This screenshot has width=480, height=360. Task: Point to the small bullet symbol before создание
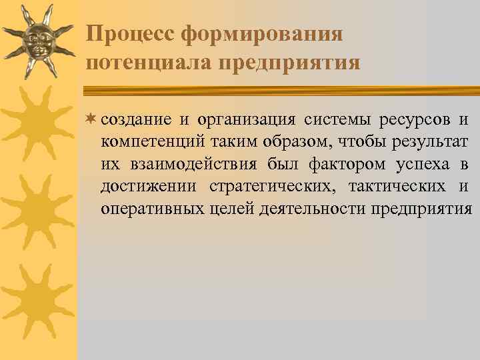point(92,119)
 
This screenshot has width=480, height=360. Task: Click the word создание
point(136,120)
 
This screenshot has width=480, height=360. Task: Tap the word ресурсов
point(414,120)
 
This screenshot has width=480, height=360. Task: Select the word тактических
point(397,187)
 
